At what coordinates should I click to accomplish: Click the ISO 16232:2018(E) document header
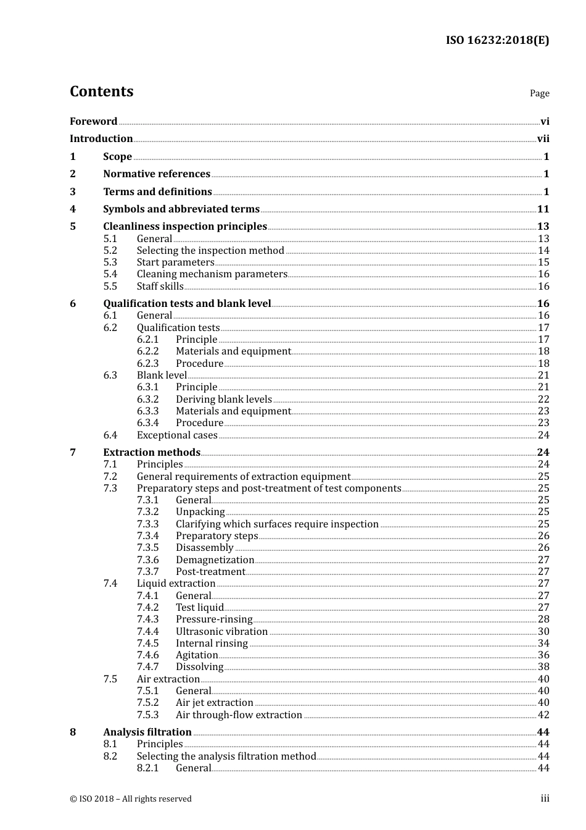[x=497, y=40]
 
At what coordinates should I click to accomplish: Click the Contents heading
[x=101, y=91]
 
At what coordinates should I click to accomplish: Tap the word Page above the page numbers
[x=539, y=93]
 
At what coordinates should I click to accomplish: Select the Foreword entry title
[x=93, y=122]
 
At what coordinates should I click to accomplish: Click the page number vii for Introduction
[x=543, y=139]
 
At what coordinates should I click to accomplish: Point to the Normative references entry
[x=157, y=174]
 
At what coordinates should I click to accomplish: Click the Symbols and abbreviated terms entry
[x=181, y=209]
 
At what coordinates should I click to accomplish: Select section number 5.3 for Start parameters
[x=110, y=262]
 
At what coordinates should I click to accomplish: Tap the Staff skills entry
[x=160, y=287]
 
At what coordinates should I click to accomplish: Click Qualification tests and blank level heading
[x=187, y=304]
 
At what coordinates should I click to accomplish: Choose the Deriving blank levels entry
[x=223, y=400]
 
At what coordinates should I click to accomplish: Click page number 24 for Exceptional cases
[x=543, y=435]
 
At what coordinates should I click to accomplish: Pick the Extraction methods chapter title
[x=152, y=453]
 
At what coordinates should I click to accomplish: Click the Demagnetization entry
[x=215, y=560]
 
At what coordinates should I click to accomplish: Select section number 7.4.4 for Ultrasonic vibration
[x=147, y=632]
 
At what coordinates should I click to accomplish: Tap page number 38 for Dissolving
[x=543, y=667]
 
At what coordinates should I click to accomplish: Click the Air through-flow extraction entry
[x=239, y=715]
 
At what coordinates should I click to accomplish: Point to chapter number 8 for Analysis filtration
[x=73, y=732]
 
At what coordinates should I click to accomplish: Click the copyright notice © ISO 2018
[x=130, y=799]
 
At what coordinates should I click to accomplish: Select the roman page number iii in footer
[x=545, y=799]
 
